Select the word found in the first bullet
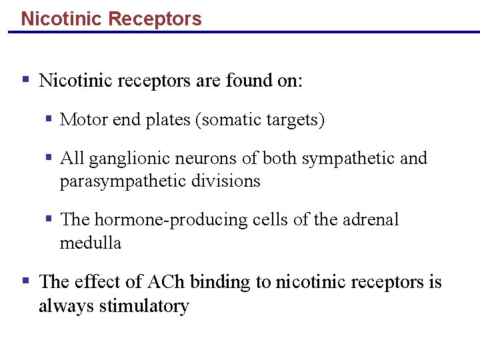245,81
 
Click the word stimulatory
144,306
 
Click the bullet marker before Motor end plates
49,119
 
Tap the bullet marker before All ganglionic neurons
49,158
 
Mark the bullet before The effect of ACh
25,281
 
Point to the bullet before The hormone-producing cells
49,219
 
